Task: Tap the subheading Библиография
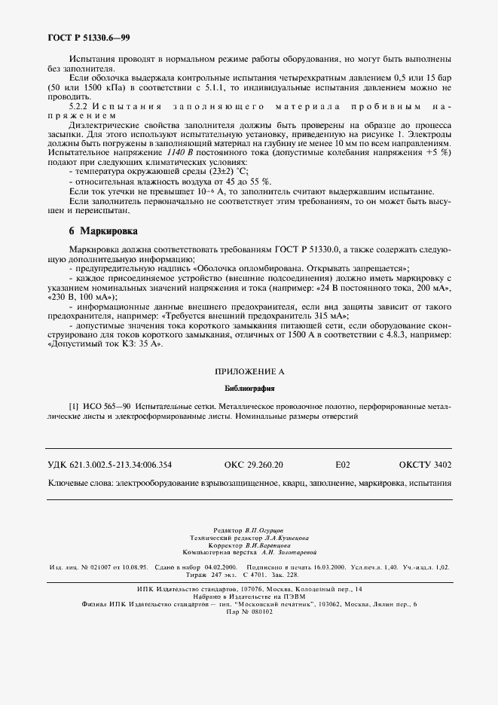[249, 389]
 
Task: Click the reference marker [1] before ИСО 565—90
[74, 406]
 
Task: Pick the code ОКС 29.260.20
[254, 465]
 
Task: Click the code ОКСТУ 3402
[425, 465]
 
